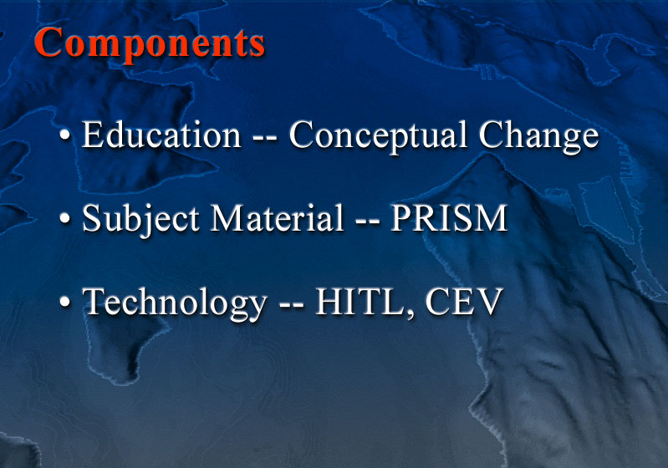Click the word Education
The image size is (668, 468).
[161, 135]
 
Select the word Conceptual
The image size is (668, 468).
[379, 136]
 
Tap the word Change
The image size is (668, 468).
[539, 136]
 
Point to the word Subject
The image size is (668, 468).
[140, 219]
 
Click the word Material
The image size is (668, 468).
[277, 217]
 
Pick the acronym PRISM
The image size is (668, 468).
[449, 217]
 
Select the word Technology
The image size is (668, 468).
[174, 303]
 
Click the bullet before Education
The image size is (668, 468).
[64, 135]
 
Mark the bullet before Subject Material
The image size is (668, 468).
[64, 219]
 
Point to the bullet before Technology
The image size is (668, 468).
[64, 303]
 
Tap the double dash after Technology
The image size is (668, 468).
[292, 305]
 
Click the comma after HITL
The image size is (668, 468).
[410, 313]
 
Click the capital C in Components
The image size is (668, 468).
[48, 42]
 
